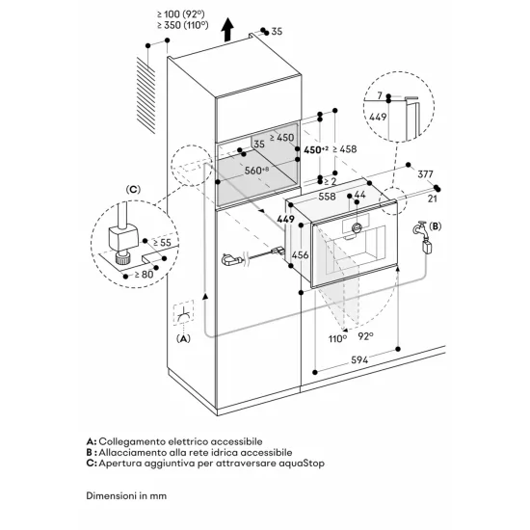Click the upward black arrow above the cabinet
227,30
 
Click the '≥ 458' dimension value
346,149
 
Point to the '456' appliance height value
300,254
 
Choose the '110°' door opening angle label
336,339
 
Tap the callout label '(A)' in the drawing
183,338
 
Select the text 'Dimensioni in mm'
126,500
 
